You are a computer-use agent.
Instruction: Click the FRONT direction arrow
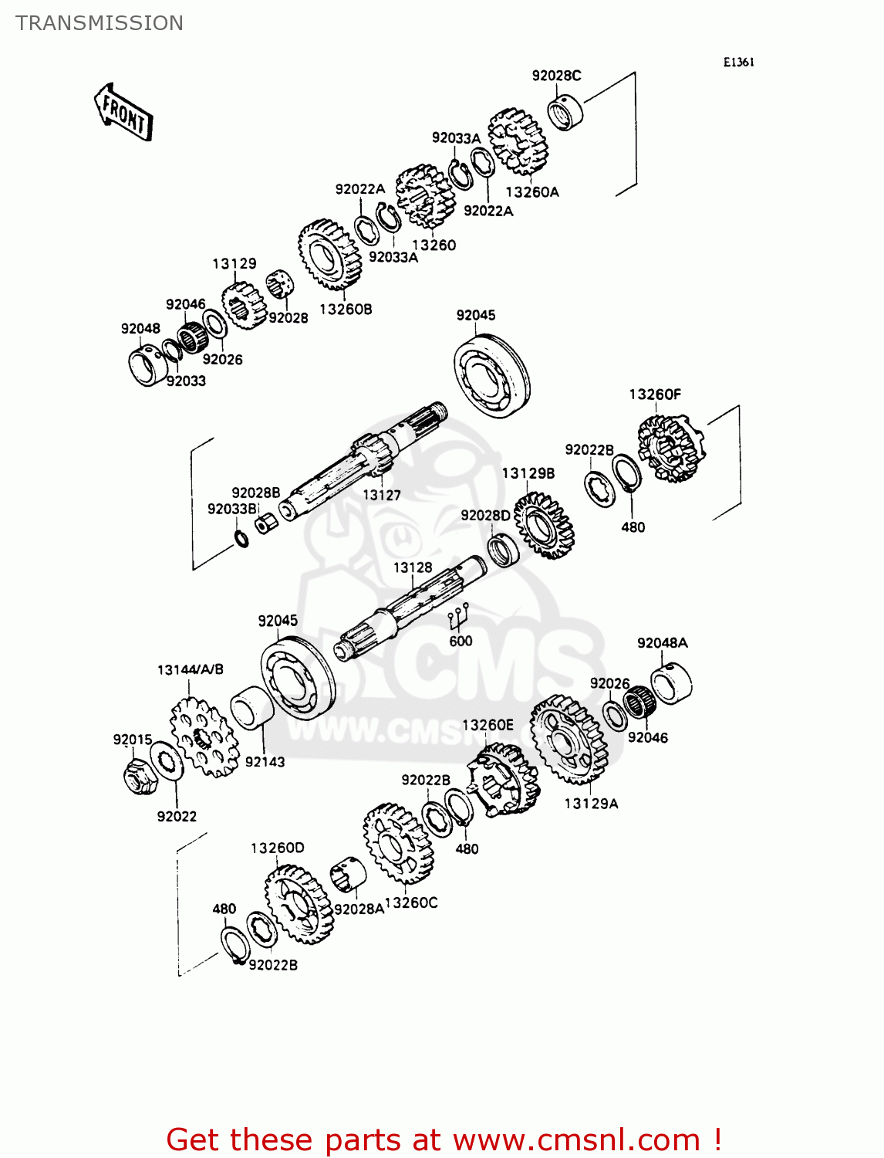pos(123,113)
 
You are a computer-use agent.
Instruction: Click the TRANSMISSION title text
pos(100,23)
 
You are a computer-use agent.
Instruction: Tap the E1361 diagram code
pos(738,63)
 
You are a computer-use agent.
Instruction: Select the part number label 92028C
pos(556,76)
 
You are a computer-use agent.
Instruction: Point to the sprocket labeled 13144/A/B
pos(204,736)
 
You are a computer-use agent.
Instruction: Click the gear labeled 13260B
pos(330,255)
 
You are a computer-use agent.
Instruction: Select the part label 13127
pos(382,495)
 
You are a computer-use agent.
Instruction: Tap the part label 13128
pos(413,567)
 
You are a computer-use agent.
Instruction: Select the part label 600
pos(461,641)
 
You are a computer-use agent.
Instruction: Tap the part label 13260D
pos(277,848)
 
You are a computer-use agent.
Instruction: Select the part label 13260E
pos(488,725)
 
